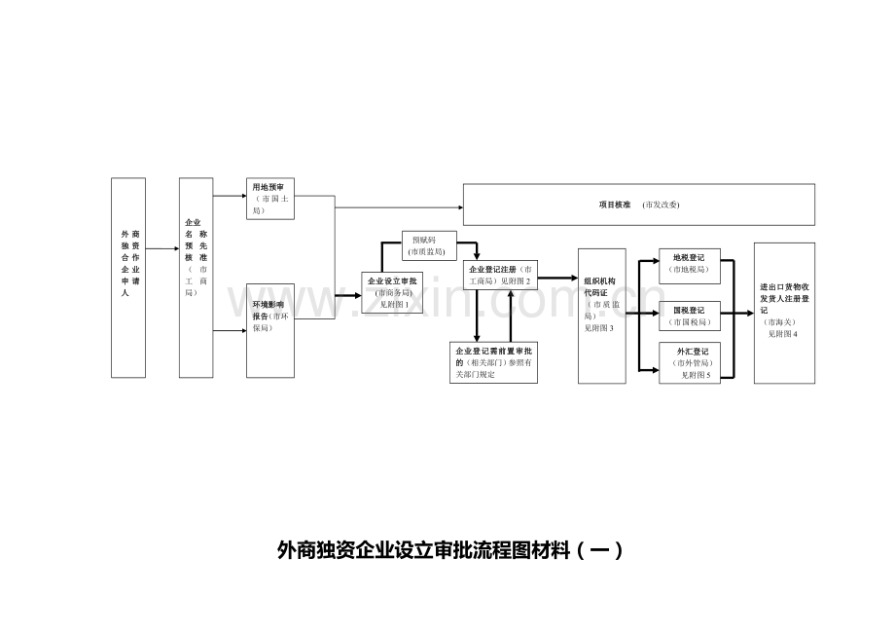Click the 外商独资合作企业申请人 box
[x=128, y=278]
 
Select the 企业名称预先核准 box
[x=196, y=278]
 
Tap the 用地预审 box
[x=270, y=199]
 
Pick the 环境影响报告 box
[x=270, y=330]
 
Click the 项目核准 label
[x=615, y=205]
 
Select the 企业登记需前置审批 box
[x=493, y=362]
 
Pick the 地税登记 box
[x=690, y=264]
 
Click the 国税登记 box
[x=690, y=316]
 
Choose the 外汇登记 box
[x=690, y=363]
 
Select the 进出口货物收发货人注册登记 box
[x=784, y=313]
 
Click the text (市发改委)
[x=661, y=205]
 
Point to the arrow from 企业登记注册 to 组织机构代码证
[x=557, y=278]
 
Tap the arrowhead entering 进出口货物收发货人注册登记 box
[x=749, y=313]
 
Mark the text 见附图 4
[x=781, y=334]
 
